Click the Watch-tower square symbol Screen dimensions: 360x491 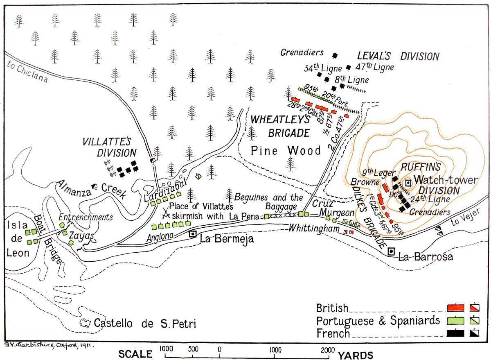point(408,183)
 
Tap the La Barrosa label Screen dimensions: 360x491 point(426,257)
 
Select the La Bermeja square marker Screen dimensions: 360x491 point(193,234)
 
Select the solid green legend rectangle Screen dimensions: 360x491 point(456,321)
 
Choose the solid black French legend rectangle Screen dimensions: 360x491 point(456,333)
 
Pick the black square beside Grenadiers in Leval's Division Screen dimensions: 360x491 point(335,55)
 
